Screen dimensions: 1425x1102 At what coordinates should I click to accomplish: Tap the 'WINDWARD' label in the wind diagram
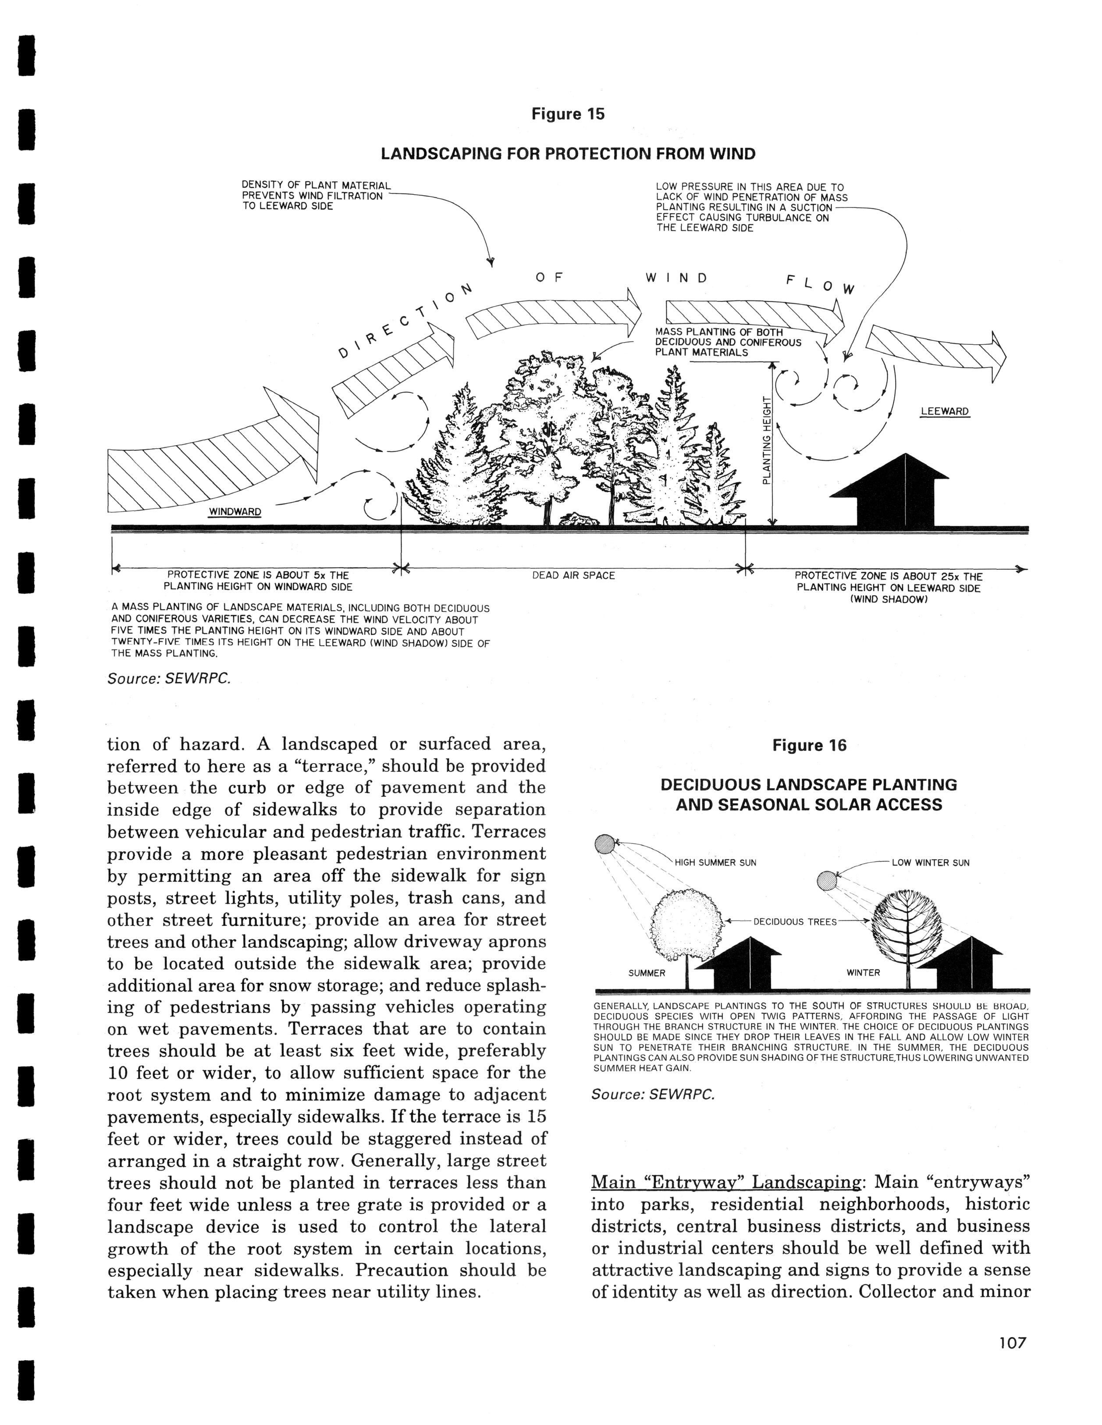[x=235, y=512]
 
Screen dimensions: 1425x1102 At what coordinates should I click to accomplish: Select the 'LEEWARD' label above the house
[x=944, y=412]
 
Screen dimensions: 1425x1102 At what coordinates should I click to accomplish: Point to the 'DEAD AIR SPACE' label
[x=573, y=575]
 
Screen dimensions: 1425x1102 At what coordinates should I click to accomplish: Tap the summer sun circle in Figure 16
[x=604, y=844]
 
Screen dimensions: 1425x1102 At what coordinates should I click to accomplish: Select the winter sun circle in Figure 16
[x=826, y=881]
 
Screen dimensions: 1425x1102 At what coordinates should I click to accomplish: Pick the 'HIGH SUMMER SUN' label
[x=715, y=863]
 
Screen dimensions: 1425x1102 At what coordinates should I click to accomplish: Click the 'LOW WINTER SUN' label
[x=931, y=863]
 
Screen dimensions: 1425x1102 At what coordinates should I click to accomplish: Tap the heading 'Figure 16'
[x=809, y=746]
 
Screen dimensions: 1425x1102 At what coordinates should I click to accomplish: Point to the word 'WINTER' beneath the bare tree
[x=864, y=973]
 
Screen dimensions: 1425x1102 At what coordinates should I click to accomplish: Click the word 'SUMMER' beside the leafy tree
[x=647, y=973]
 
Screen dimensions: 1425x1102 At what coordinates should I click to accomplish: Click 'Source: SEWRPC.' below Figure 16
[x=653, y=1094]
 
